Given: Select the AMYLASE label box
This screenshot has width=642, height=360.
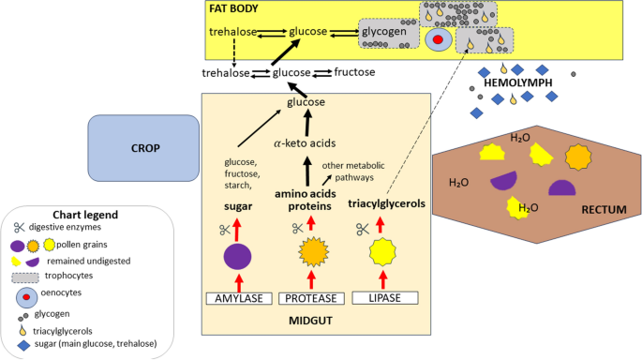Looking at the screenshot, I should [x=238, y=298].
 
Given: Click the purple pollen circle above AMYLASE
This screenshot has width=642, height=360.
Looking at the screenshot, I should [x=238, y=255].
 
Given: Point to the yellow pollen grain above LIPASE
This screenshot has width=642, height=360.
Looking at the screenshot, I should [x=381, y=252].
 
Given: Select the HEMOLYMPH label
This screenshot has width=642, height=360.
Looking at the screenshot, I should [x=518, y=82].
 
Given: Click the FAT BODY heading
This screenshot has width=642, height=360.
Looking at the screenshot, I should [x=234, y=8].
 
